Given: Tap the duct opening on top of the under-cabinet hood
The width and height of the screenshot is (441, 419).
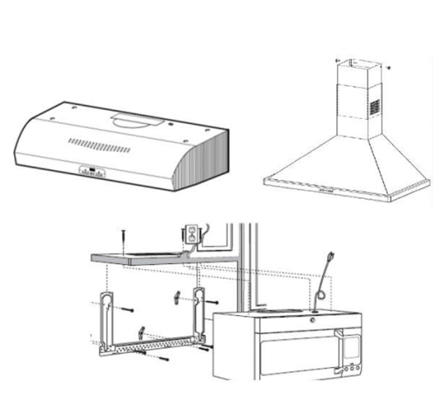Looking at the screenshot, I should pos(133,121).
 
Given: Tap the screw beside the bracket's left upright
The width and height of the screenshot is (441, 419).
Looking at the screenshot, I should pos(128,308).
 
